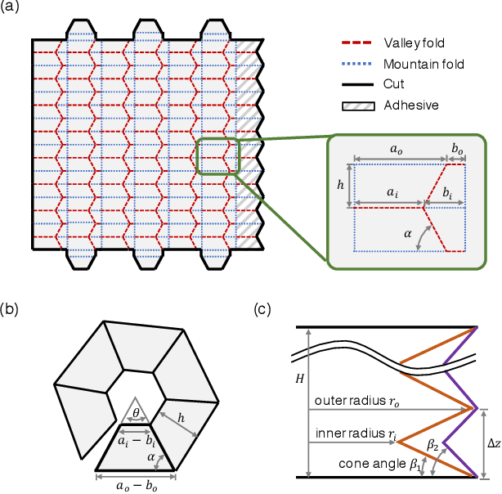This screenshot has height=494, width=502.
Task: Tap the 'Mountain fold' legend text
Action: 421,64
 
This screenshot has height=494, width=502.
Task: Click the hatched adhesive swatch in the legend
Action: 358,105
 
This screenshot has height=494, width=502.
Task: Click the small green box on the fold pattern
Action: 217,155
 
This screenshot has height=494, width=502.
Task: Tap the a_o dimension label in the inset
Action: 394,151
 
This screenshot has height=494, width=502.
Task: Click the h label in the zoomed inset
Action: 341,185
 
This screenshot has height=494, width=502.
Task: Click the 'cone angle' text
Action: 365,465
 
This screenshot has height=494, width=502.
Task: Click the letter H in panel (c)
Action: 299,379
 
